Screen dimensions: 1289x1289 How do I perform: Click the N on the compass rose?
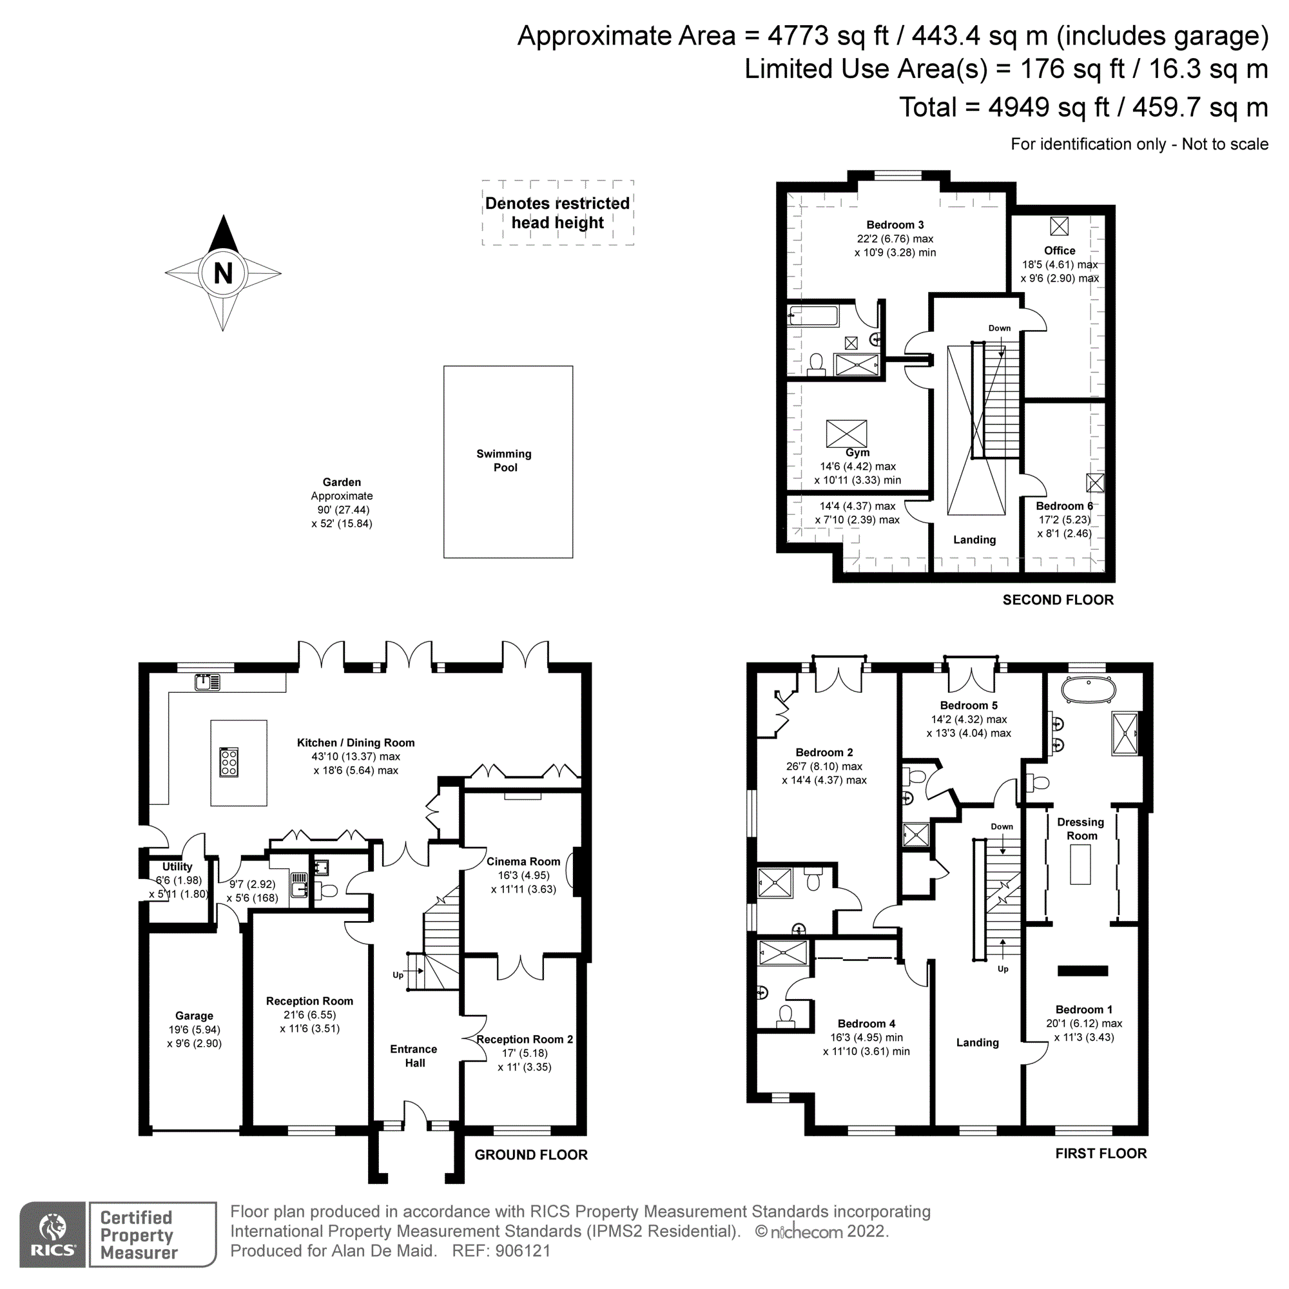tap(223, 273)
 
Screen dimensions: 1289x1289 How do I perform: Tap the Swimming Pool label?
tap(505, 460)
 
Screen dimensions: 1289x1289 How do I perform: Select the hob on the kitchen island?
tap(228, 761)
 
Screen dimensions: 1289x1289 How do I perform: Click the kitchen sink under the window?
tap(207, 682)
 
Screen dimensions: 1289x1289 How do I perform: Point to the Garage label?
tap(194, 1016)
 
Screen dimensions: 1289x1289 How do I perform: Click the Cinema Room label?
tap(523, 861)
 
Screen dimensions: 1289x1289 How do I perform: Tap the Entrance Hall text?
tap(414, 1056)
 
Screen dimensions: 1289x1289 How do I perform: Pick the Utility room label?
tap(177, 866)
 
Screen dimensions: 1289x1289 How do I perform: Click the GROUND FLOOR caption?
tap(531, 1154)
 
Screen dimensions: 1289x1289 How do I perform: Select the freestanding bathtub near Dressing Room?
tap(1088, 690)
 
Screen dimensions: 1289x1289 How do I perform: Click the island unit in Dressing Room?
tap(1080, 864)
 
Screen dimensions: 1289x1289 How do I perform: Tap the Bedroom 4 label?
tap(866, 1023)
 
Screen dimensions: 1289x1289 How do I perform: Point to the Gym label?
tap(857, 452)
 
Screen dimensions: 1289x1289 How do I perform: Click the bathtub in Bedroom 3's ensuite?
tap(813, 315)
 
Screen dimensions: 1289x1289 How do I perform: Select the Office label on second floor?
tap(1060, 250)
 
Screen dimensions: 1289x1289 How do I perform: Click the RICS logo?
tap(52, 1234)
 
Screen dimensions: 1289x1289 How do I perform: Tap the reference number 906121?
tap(523, 1250)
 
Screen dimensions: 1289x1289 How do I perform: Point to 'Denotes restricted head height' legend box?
tap(557, 212)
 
